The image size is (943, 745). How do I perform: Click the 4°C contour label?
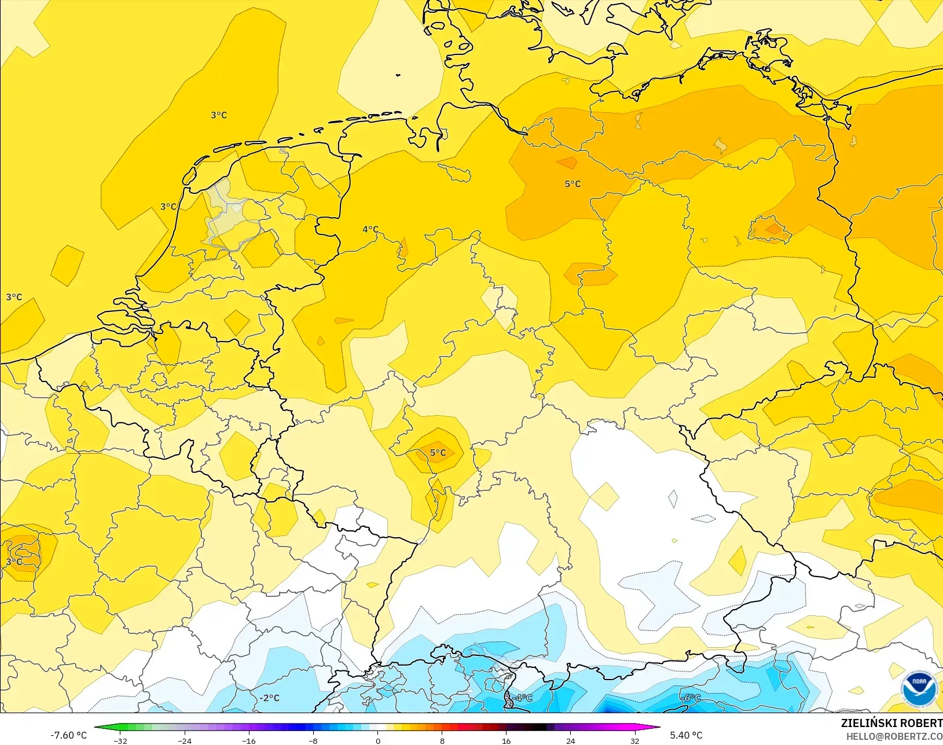click(370, 229)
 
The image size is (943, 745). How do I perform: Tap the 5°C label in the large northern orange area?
click(573, 184)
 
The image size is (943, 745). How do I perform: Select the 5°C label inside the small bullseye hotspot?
click(438, 453)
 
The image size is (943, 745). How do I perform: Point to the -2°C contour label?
click(269, 698)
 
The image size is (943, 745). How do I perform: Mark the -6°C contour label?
click(691, 698)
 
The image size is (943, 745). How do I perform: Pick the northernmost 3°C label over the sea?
click(219, 115)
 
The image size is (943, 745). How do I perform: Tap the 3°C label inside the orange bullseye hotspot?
click(14, 561)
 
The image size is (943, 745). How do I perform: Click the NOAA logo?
click(919, 689)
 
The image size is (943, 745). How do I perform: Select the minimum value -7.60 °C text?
click(68, 735)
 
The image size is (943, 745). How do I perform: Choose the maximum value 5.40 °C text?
click(686, 735)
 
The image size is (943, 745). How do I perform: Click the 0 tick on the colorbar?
click(377, 741)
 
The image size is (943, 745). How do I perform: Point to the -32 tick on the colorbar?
click(120, 741)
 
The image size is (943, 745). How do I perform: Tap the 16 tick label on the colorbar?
click(506, 741)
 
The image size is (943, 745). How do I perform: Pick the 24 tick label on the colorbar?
click(570, 741)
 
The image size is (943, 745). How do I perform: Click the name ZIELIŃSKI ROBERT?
click(891, 723)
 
